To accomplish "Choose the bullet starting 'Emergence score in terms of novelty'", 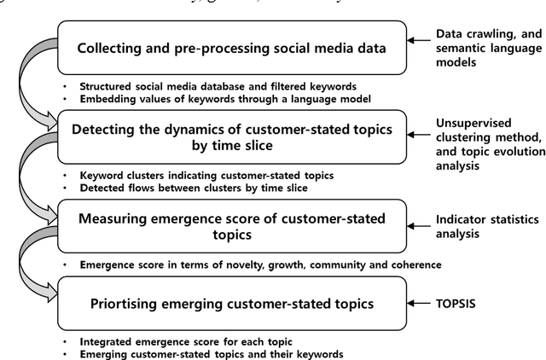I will click(x=260, y=264).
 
